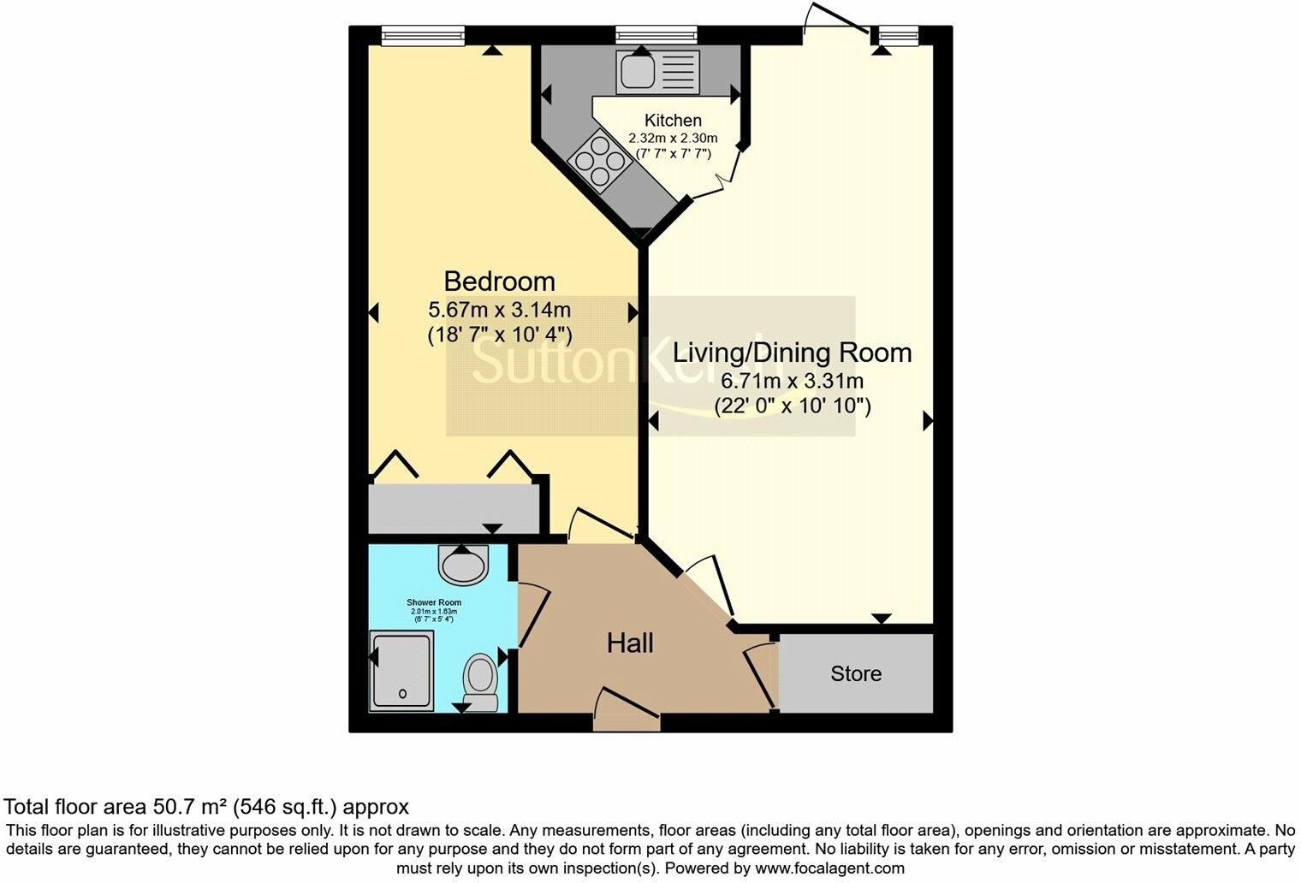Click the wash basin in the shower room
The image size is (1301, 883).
click(463, 564)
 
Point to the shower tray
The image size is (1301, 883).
click(402, 668)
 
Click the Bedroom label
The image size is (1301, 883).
click(499, 281)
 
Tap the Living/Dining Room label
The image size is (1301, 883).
click(792, 353)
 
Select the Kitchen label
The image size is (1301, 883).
click(673, 121)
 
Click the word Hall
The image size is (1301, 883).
click(630, 643)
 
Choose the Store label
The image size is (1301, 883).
click(855, 674)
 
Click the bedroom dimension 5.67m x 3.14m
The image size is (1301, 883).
click(499, 309)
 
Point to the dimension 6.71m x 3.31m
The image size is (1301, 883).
click(792, 381)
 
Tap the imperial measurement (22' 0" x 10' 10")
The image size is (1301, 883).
click(792, 406)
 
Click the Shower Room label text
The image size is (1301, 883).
click(434, 602)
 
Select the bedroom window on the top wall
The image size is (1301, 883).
click(422, 35)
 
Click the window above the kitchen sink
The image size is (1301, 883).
click(656, 35)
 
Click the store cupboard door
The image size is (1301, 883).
click(762, 676)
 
